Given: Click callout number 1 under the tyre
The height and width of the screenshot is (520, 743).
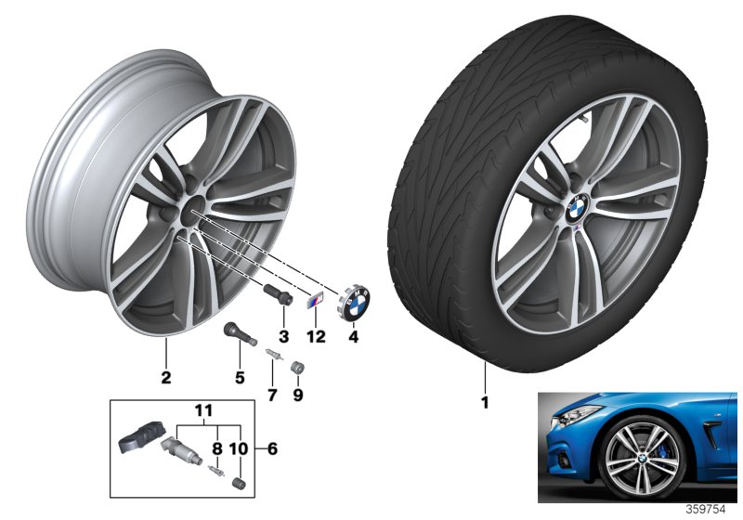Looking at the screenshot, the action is tap(484, 403).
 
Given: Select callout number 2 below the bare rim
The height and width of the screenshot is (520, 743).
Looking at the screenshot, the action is tap(166, 377).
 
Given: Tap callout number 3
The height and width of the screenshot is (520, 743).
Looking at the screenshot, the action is tap(283, 337).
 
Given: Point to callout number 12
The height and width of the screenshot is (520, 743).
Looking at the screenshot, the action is tap(317, 337).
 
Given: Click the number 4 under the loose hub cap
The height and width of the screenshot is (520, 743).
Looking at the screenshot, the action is tap(353, 337).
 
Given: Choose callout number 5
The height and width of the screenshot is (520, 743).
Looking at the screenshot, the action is tap(240, 377).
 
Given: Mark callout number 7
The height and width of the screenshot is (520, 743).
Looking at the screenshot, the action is tap(272, 395).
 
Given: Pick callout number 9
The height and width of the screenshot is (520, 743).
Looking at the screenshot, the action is tap(297, 395).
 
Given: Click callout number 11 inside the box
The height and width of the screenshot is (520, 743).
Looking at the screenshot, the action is tap(203, 410).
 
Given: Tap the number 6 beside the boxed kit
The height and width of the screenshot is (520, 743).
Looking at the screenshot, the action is tap(272, 448).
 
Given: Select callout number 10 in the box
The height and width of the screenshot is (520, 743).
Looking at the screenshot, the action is tap(239, 448).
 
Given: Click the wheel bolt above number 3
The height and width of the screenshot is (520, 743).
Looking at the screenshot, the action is tap(278, 294).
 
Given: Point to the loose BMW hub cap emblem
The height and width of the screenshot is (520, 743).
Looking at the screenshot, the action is tap(355, 301).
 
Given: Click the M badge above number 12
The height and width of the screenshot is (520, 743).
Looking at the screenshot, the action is tap(316, 301).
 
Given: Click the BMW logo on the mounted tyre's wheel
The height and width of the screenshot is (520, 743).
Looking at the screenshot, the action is tap(577, 210).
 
